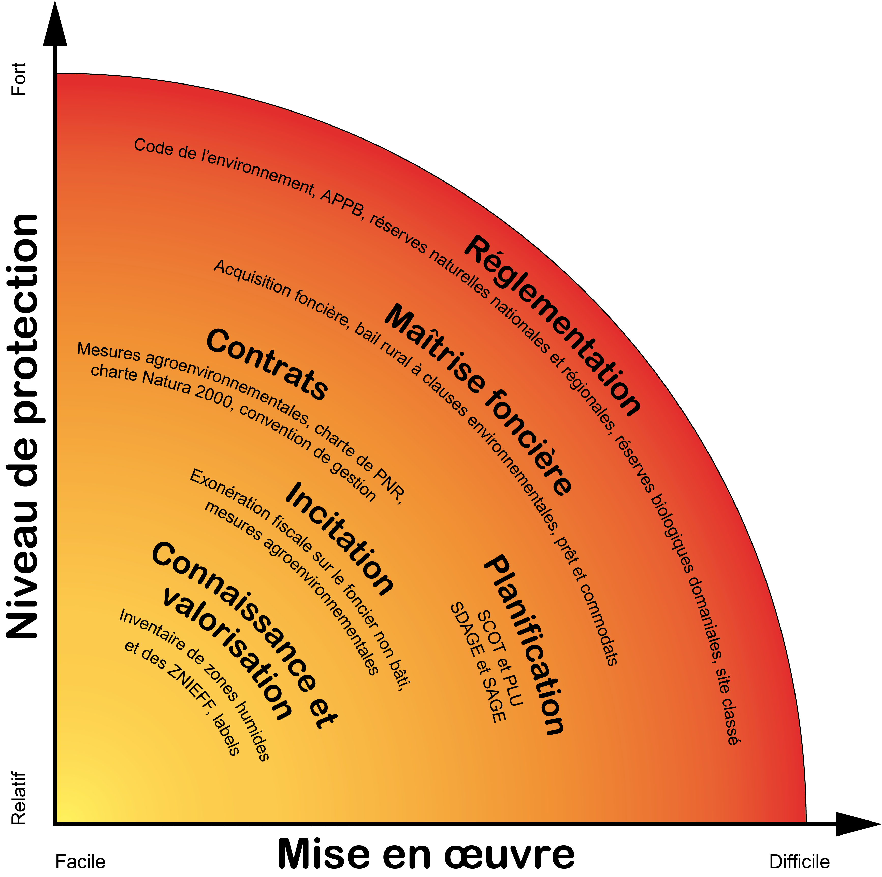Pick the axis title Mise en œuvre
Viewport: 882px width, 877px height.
click(x=426, y=854)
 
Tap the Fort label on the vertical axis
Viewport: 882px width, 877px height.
click(x=18, y=79)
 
